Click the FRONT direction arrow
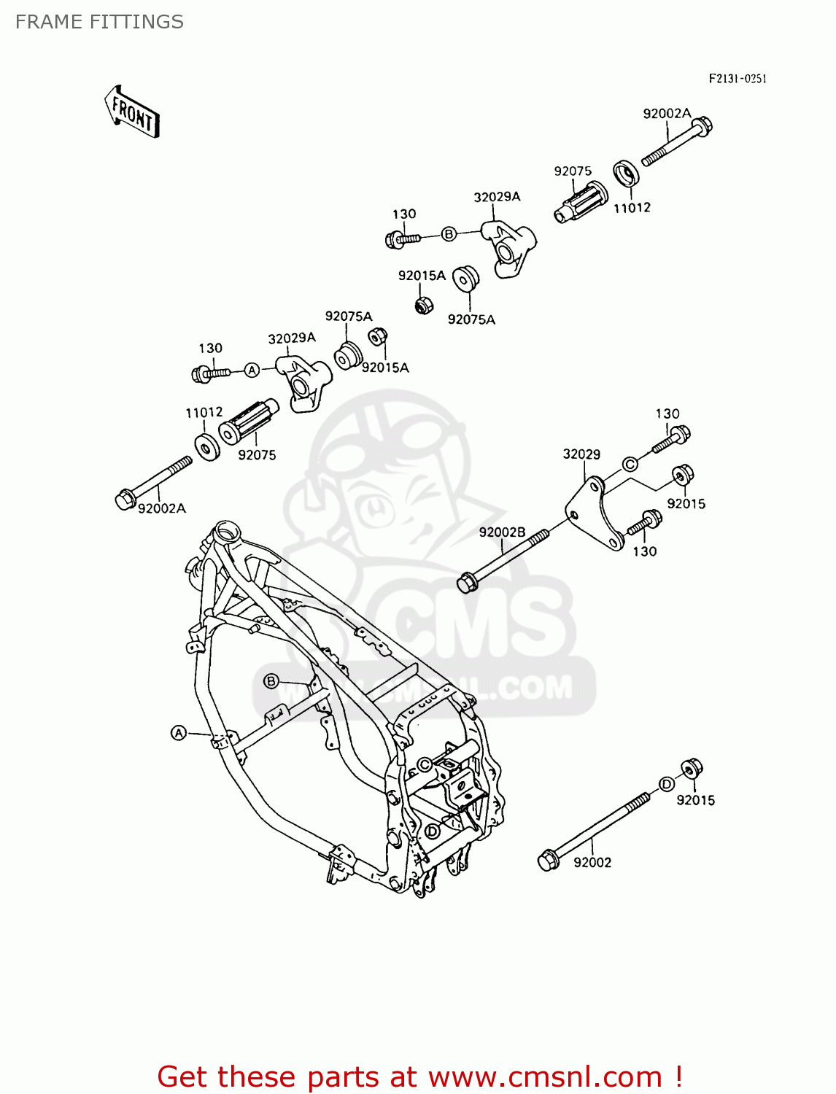click(132, 112)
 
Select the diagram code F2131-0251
click(738, 79)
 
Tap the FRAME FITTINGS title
click(99, 22)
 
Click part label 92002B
click(502, 532)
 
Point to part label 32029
click(581, 454)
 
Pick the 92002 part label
click(592, 862)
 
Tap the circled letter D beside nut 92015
click(667, 784)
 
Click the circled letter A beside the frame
click(179, 732)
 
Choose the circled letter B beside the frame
click(271, 681)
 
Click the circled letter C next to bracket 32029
click(630, 464)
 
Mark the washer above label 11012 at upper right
click(626, 174)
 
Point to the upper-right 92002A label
click(667, 113)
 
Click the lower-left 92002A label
click(162, 508)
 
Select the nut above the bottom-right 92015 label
click(691, 768)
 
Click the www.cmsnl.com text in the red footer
click(545, 1076)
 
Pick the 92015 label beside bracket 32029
click(686, 503)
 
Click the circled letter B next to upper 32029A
click(449, 234)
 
